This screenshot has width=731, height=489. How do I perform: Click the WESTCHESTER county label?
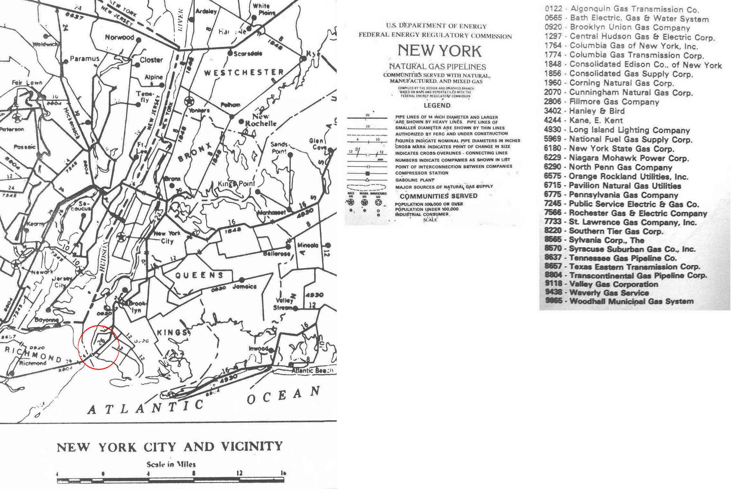(244, 72)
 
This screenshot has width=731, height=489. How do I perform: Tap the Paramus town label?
(84, 59)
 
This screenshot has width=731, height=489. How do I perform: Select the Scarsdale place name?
(248, 53)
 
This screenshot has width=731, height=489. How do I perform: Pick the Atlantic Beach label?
(312, 371)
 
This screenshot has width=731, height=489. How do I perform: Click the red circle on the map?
(99, 347)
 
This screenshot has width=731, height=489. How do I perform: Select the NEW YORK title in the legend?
(439, 51)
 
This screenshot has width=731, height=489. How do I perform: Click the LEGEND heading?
(437, 105)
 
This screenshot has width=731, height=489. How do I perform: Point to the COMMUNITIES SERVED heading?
(438, 196)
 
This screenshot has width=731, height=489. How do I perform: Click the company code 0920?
(553, 27)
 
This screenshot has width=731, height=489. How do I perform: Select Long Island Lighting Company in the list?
(629, 130)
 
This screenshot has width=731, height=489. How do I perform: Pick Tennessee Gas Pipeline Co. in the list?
(623, 258)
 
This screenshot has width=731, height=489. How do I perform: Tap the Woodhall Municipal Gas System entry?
(631, 301)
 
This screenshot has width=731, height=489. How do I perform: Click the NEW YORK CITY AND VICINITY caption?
(170, 447)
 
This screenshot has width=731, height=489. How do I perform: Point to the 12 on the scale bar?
(239, 473)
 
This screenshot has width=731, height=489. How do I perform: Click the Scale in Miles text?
(171, 464)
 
